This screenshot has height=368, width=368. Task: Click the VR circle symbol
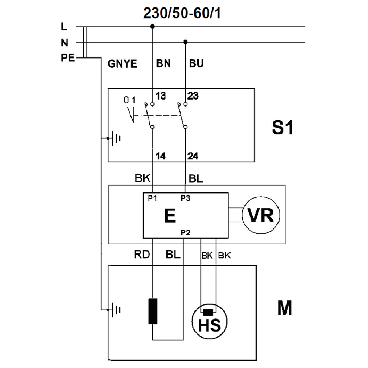261,215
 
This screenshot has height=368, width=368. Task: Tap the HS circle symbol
209,321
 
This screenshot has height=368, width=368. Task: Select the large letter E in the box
170,216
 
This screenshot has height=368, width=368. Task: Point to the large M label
285,308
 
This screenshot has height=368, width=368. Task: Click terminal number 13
160,96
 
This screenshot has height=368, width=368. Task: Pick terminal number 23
193,96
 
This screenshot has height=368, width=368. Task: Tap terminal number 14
160,156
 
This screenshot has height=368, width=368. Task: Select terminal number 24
193,156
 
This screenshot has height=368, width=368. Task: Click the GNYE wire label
122,64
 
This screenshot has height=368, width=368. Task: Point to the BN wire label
163,64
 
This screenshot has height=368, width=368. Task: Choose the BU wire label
197,64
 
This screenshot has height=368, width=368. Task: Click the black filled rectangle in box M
153,312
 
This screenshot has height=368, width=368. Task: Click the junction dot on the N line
185,42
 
